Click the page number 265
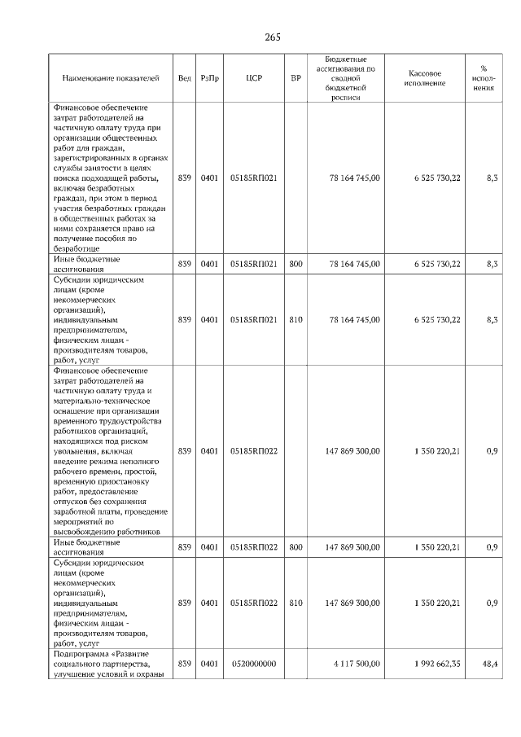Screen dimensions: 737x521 pos(273,37)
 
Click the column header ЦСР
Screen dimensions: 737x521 pos(252,78)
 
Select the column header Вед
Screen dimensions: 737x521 pos(185,78)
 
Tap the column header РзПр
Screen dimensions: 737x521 pos(210,78)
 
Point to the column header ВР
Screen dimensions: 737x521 pos(295,78)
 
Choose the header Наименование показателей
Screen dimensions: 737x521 pos(111,78)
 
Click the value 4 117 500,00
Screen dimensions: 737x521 pos(356,665)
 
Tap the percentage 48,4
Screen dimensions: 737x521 pos(490,665)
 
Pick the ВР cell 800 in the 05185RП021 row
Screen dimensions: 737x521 pos(295,264)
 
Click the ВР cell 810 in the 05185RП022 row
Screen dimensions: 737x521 pos(295,603)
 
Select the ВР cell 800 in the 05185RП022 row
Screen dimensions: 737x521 pos(295,546)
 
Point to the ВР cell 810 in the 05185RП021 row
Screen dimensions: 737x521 pos(295,320)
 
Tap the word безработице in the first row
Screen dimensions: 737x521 pos(77,248)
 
